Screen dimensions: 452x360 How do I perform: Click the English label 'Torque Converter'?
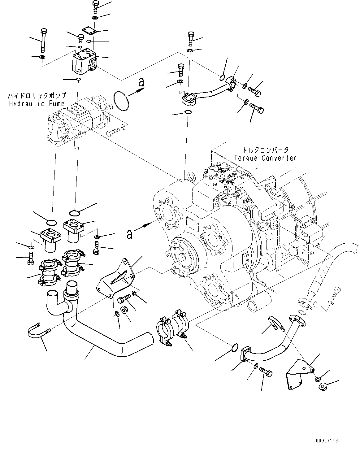(265, 158)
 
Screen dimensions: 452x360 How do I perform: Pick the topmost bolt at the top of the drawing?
(95, 7)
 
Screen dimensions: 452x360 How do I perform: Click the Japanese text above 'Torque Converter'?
(265, 150)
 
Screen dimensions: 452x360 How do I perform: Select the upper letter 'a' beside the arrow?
(141, 82)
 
